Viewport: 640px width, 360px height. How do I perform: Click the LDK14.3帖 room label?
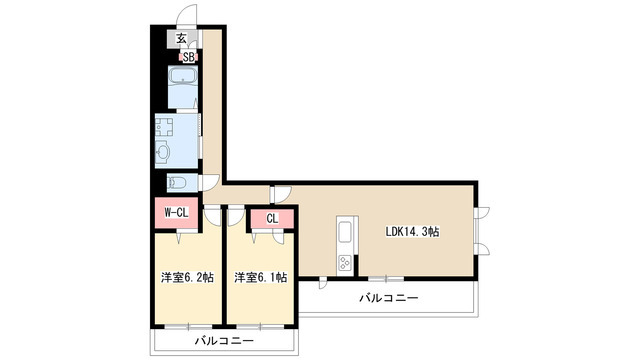[412, 232]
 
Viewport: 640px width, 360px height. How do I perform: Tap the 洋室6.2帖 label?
[187, 278]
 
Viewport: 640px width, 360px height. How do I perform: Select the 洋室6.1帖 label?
[260, 278]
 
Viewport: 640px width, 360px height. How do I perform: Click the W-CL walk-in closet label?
[176, 212]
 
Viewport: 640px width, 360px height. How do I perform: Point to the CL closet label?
[272, 219]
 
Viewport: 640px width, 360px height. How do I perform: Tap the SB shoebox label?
[188, 58]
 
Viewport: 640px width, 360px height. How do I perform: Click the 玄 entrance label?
[181, 39]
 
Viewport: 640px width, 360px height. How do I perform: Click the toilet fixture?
[177, 182]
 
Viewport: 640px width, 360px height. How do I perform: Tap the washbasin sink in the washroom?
[162, 153]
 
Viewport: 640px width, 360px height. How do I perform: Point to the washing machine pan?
[164, 127]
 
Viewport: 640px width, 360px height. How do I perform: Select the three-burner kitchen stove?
[345, 262]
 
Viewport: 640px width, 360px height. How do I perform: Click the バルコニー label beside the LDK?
[389, 298]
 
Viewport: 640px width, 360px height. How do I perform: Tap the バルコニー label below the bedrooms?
[224, 340]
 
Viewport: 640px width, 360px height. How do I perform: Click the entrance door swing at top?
[187, 16]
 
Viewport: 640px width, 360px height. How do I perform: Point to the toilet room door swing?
[209, 182]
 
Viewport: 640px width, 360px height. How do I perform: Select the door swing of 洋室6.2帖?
[212, 215]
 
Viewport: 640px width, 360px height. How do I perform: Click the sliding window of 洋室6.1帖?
[260, 327]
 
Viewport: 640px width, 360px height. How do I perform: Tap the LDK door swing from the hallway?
[282, 195]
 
